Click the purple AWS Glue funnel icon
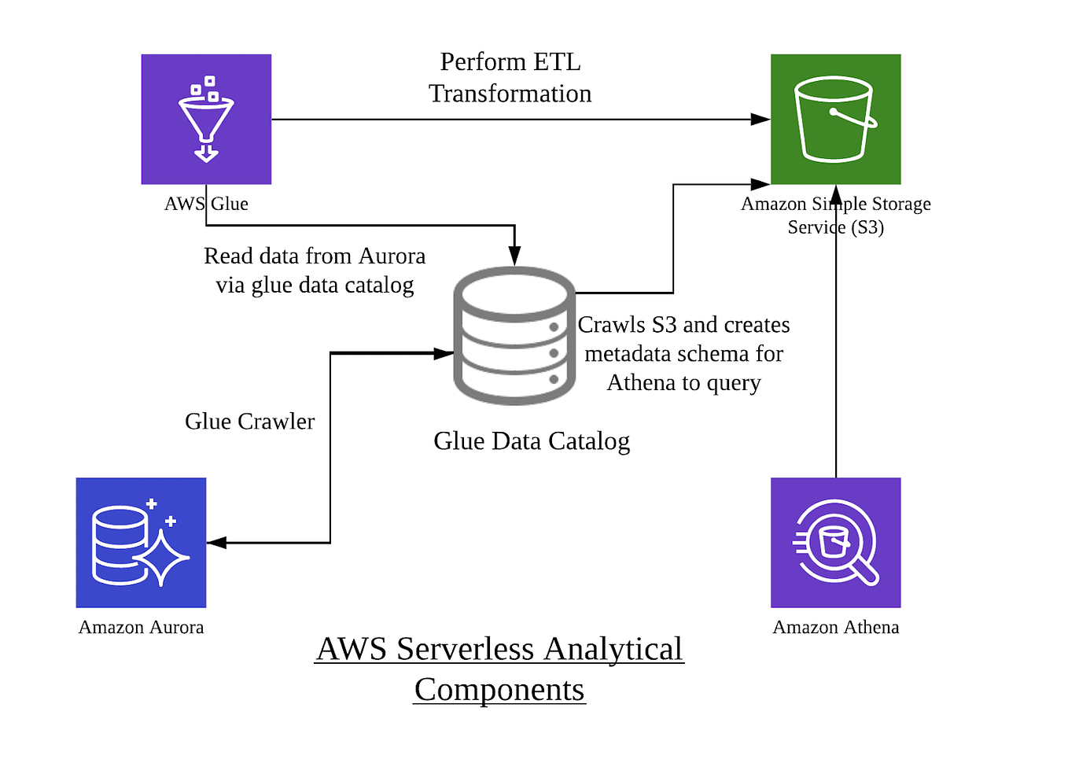pyautogui.click(x=206, y=119)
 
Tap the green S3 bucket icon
pyautogui.click(x=835, y=119)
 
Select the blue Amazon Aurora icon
pyautogui.click(x=141, y=542)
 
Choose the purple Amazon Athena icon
pyautogui.click(x=835, y=542)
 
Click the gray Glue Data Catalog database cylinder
pyautogui.click(x=514, y=336)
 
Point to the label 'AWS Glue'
pyautogui.click(x=206, y=204)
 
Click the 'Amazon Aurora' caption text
pyautogui.click(x=141, y=627)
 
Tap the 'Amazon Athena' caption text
pyautogui.click(x=835, y=627)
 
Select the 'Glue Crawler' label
pyautogui.click(x=249, y=422)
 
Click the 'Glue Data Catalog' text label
pyautogui.click(x=532, y=441)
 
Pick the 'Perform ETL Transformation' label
pyautogui.click(x=510, y=77)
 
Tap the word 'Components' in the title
pyautogui.click(x=499, y=690)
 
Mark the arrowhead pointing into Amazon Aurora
pyautogui.click(x=216, y=543)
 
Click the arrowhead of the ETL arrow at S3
pyautogui.click(x=760, y=120)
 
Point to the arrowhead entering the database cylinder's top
pyautogui.click(x=514, y=256)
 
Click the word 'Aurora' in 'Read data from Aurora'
pyautogui.click(x=392, y=256)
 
